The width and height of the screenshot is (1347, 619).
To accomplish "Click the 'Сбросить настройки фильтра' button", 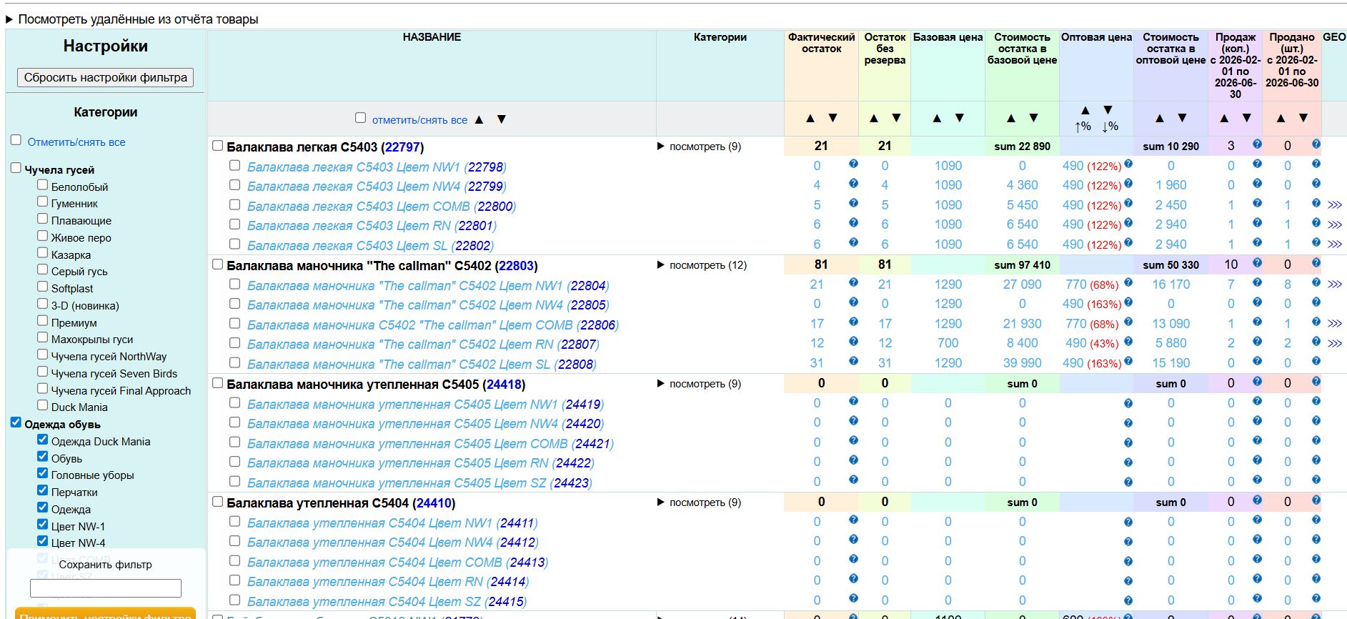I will [x=105, y=77].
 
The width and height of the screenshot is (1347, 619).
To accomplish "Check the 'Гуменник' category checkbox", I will [x=43, y=202].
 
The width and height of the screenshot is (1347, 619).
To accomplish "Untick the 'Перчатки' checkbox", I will [x=43, y=490].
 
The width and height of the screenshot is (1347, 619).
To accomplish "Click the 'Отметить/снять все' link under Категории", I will [x=76, y=142].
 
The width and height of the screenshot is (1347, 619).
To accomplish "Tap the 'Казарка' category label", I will [x=71, y=254].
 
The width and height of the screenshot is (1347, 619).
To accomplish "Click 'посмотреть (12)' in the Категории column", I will [x=707, y=265].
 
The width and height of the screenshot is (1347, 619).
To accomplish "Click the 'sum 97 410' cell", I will [x=1022, y=265].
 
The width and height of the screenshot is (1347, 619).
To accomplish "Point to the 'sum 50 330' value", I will [x=1170, y=265].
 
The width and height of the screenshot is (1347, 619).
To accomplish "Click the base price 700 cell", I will [x=948, y=344].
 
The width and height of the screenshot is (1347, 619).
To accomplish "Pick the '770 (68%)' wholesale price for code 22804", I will [x=1091, y=284].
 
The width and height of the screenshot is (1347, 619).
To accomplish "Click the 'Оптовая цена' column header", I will [x=1096, y=37].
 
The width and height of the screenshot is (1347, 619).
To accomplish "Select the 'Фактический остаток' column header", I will [x=821, y=43].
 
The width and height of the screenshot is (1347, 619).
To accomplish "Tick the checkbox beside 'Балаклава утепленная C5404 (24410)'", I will [x=218, y=502].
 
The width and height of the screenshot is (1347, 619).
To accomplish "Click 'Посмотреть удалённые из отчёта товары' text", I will [x=138, y=19].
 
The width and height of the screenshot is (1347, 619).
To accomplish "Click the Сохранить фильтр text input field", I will [x=106, y=588].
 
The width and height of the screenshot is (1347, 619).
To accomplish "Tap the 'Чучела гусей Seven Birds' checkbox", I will [x=43, y=372].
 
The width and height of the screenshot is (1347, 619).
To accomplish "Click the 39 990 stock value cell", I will [x=1022, y=363].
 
